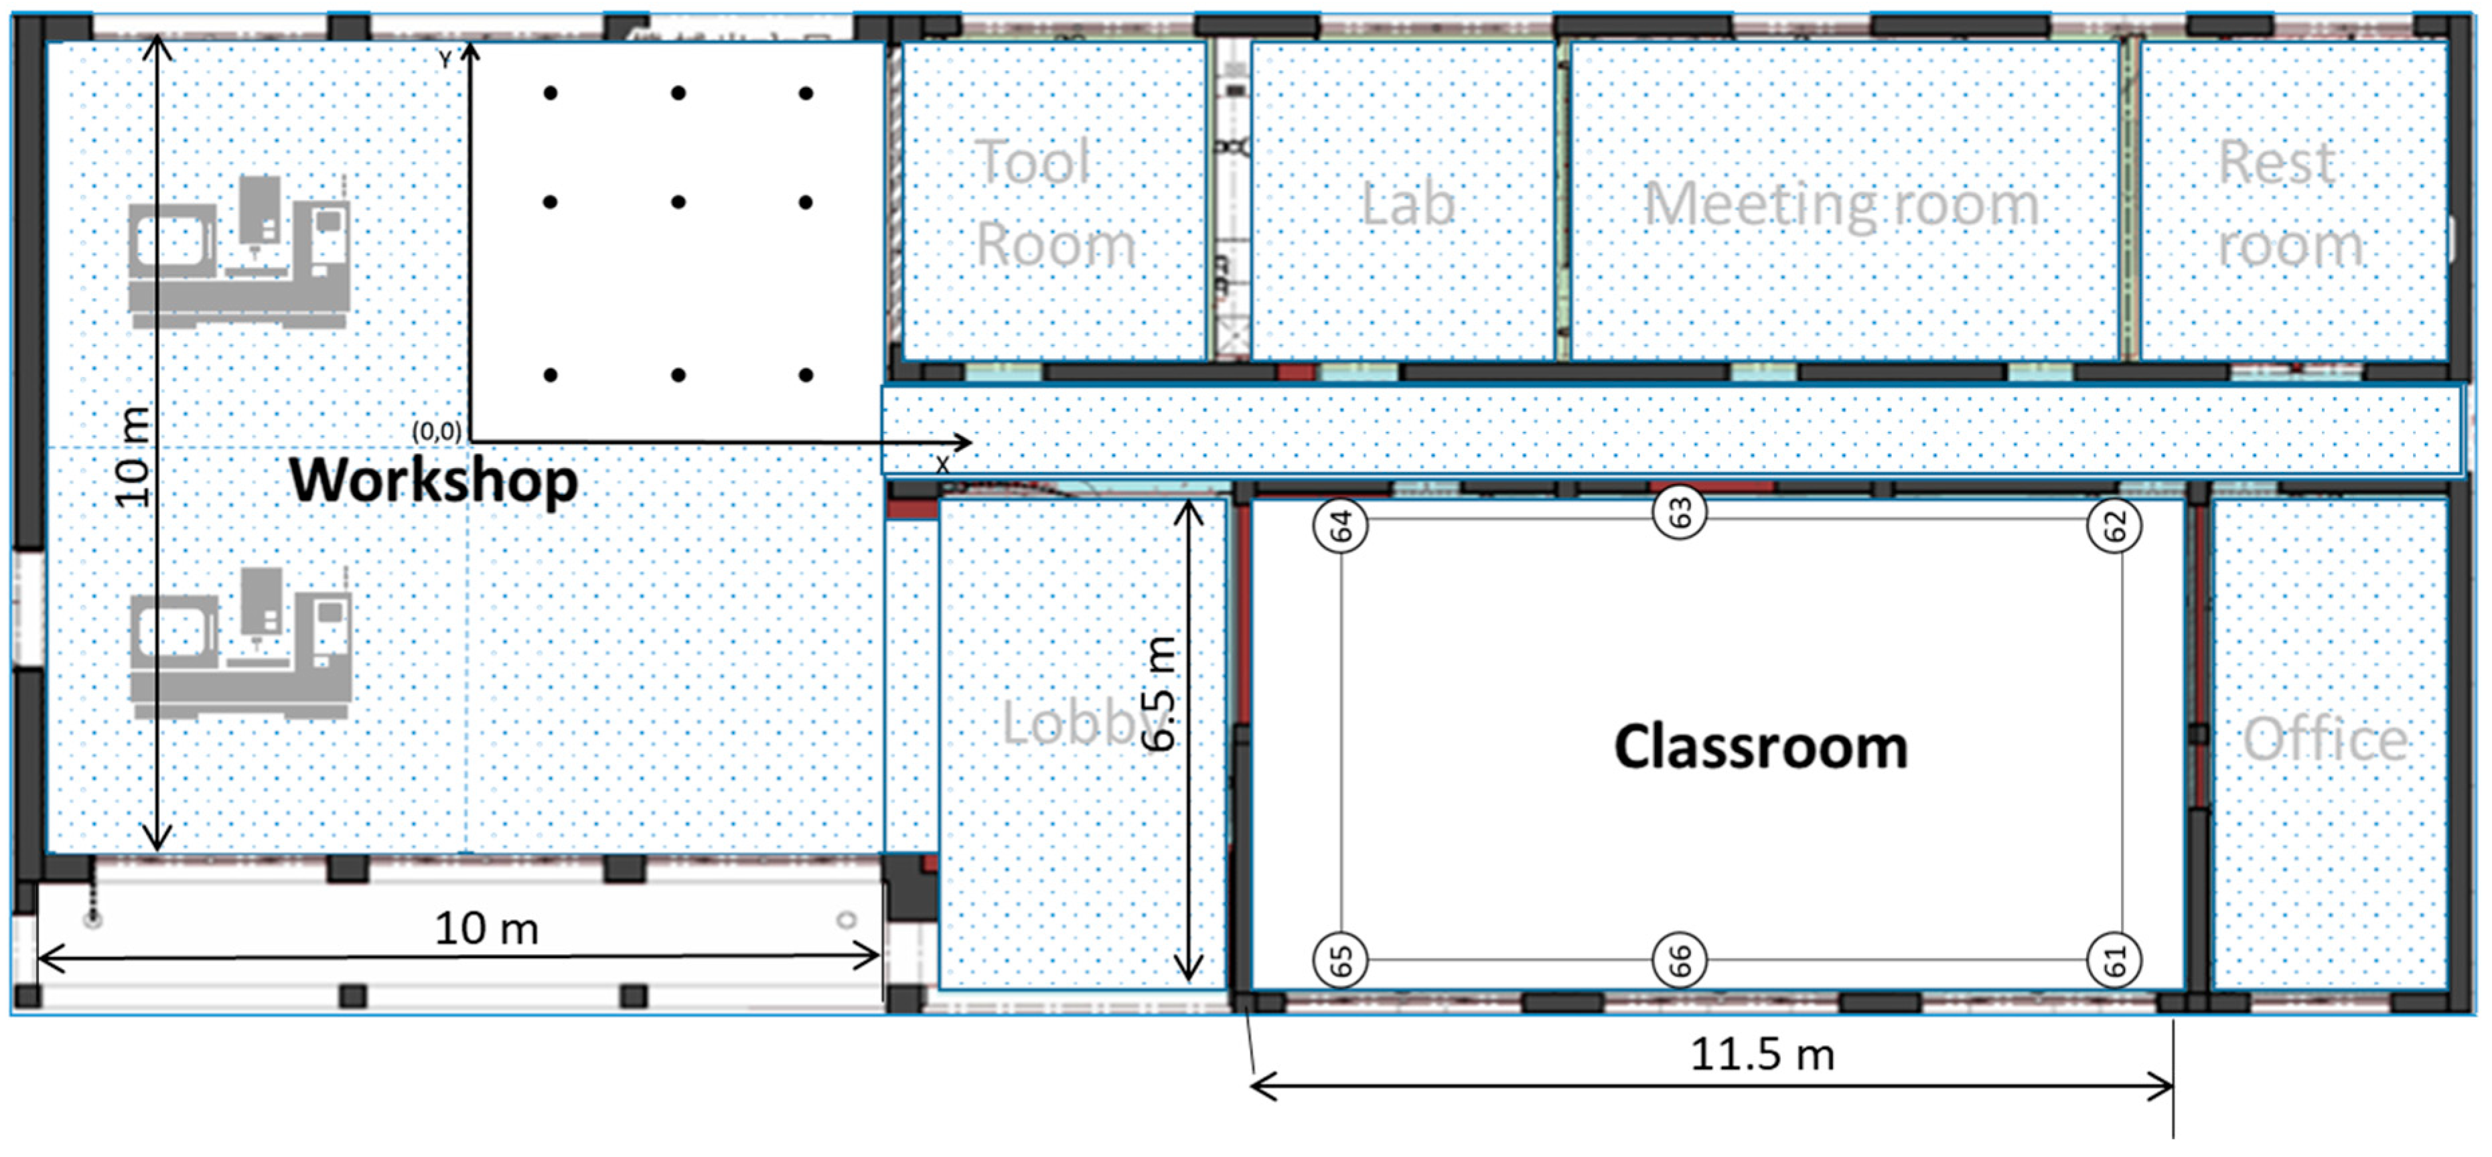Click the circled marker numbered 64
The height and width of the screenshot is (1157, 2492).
click(x=1340, y=526)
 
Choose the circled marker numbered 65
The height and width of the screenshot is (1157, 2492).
click(x=1340, y=961)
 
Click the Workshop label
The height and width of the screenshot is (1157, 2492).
click(x=433, y=481)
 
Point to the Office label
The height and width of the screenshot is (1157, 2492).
click(x=2325, y=740)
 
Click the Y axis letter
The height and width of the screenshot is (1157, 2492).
click(x=445, y=60)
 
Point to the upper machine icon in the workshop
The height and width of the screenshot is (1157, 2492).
click(x=239, y=252)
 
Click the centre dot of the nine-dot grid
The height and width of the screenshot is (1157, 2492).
click(x=678, y=202)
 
